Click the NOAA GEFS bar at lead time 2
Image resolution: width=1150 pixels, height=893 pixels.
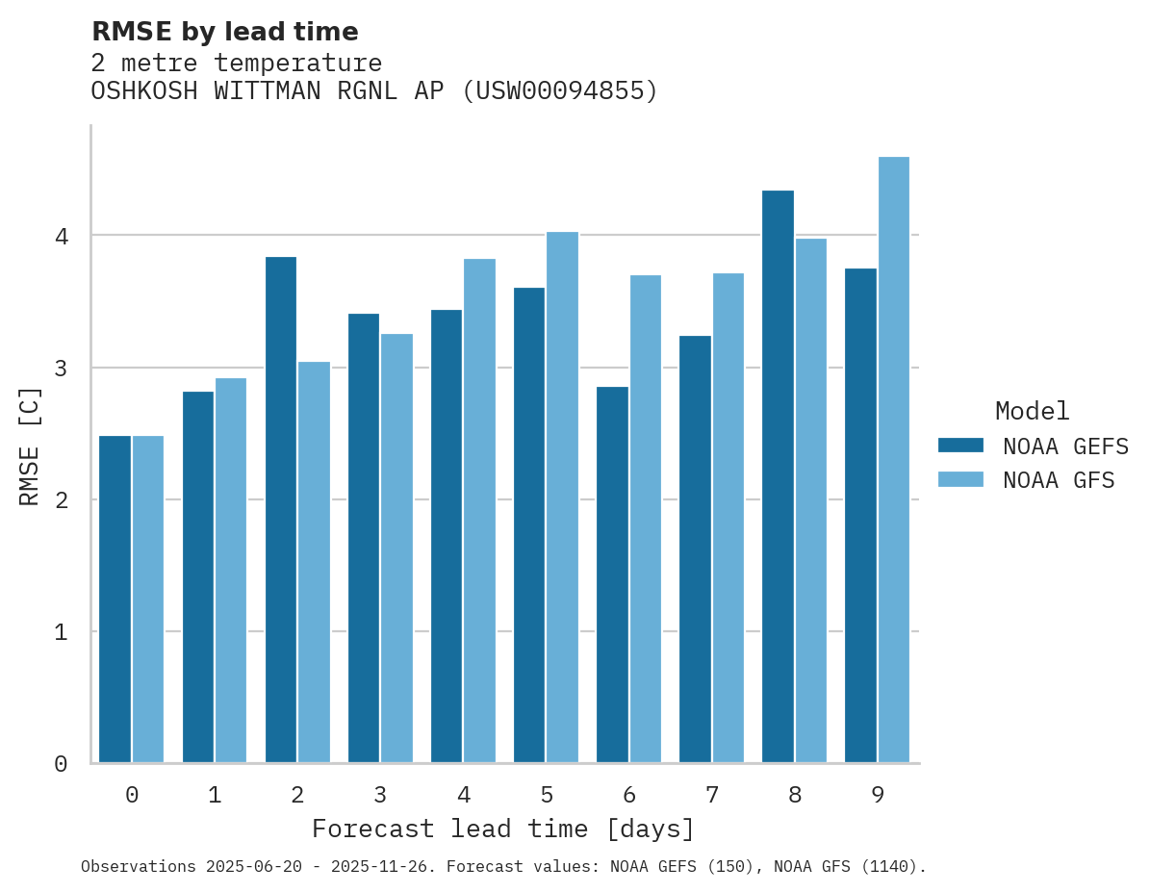click(281, 510)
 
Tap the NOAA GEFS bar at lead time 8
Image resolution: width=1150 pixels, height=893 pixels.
click(778, 476)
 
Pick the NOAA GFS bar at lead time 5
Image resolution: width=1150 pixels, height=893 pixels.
click(563, 498)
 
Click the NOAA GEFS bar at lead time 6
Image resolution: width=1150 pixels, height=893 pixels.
click(612, 574)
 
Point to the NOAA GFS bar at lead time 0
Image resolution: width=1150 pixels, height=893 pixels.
click(148, 600)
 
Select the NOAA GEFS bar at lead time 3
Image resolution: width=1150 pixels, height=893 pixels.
click(364, 538)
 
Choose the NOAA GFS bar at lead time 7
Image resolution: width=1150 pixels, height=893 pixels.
click(728, 518)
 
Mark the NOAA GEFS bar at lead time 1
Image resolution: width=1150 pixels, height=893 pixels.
click(198, 577)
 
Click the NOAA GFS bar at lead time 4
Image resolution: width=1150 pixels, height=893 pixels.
click(480, 511)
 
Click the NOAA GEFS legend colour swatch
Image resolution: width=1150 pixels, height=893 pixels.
click(960, 446)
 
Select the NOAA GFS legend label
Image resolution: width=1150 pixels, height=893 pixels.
click(1059, 480)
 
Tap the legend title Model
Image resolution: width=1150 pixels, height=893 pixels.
click(1032, 412)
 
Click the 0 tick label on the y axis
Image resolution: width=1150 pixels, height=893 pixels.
click(60, 764)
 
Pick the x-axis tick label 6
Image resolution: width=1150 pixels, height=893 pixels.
click(629, 796)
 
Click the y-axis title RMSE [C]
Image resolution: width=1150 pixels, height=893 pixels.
click(30, 446)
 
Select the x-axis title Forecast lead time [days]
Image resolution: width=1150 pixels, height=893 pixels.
click(503, 829)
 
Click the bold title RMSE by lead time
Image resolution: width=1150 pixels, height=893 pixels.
click(224, 32)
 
